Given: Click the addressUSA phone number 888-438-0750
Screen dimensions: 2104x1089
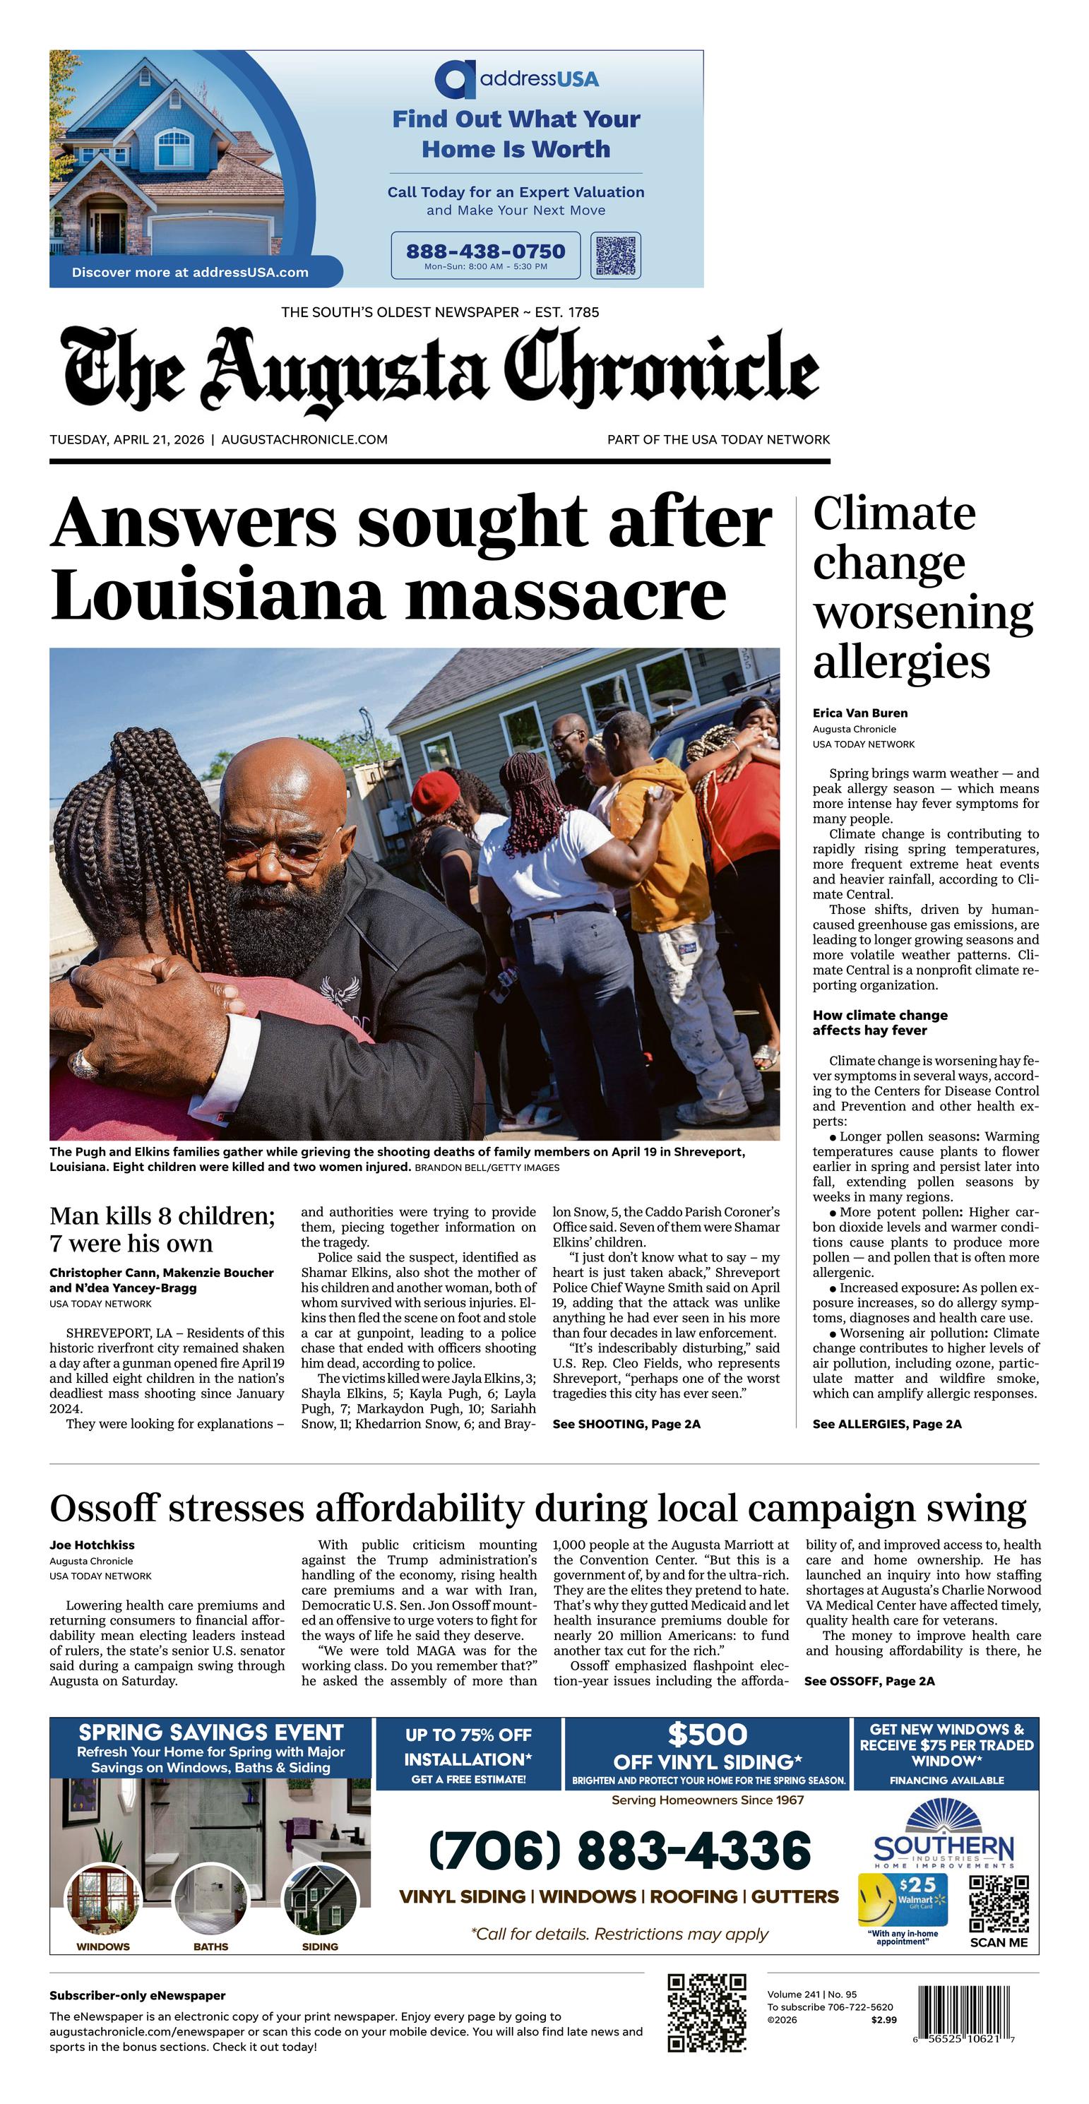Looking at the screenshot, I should point(485,251).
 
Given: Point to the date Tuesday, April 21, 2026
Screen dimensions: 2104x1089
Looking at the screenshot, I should point(126,439).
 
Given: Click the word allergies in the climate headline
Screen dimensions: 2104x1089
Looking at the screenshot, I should point(901,662).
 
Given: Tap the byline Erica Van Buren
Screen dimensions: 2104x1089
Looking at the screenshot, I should point(859,713).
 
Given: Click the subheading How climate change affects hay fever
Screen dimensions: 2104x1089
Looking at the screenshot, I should point(880,1023).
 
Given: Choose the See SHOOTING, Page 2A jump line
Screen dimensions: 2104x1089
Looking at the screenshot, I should point(626,1424).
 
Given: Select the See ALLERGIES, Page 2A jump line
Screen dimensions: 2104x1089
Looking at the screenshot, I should point(886,1424).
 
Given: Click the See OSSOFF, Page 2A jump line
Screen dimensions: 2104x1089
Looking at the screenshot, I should point(869,1681).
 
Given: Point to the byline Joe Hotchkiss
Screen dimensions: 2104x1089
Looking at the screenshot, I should point(92,1545).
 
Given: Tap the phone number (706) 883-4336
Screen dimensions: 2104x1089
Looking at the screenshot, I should point(619,1851).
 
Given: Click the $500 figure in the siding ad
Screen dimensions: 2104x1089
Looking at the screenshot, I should point(708,1734).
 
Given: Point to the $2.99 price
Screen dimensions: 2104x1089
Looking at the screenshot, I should point(883,2020).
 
